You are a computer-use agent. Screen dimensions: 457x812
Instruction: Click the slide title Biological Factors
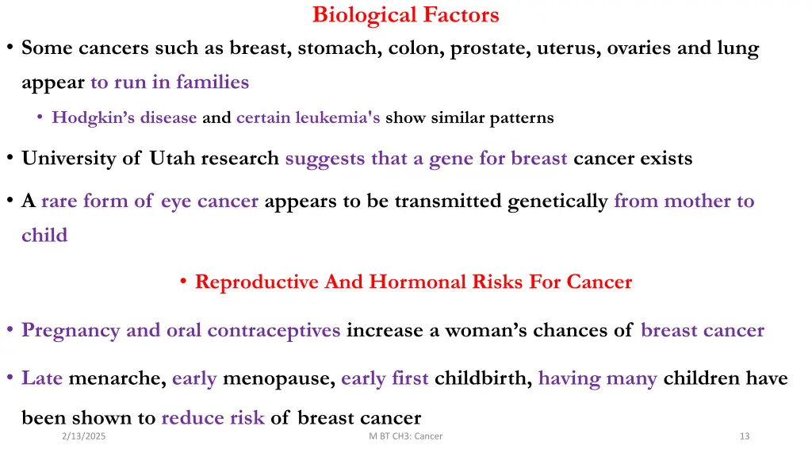pos(405,15)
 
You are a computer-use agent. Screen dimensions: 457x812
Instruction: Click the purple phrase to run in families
pos(170,83)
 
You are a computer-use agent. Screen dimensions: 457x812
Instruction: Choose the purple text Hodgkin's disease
pos(124,118)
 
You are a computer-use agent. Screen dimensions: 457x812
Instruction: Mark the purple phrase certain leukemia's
pos(308,118)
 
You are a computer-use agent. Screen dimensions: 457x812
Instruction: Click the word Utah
pos(172,159)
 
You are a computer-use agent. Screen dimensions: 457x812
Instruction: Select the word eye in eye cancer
pos(176,202)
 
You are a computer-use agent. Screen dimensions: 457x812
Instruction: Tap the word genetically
pos(557,202)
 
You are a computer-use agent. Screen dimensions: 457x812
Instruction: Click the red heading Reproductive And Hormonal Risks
pos(413,282)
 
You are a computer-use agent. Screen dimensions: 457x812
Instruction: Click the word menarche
pos(117,379)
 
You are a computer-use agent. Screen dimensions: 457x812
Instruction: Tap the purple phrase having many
pos(597,379)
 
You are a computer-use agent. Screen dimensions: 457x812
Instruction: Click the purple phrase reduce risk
pos(213,418)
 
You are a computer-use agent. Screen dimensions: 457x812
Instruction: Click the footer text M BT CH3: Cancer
pos(406,436)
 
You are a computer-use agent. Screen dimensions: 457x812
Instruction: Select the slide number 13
pos(744,436)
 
